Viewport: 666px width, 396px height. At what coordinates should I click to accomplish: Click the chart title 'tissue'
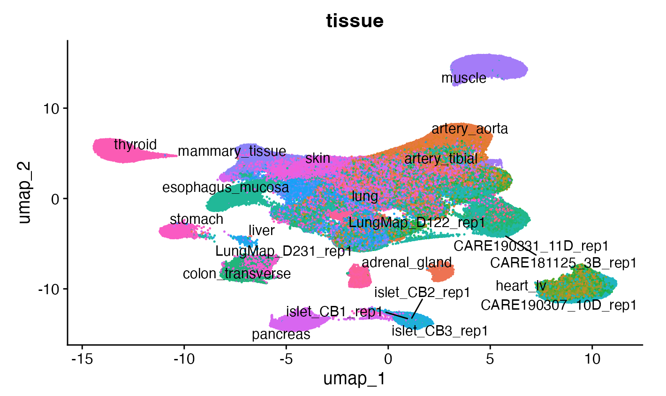click(x=355, y=21)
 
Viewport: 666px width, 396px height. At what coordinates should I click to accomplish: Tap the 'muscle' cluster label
click(x=464, y=78)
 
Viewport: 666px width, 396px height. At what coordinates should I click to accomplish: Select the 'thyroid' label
click(x=135, y=145)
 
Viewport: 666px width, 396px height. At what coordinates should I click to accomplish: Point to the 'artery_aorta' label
click(x=469, y=129)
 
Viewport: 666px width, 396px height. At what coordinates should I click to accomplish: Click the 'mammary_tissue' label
click(x=232, y=151)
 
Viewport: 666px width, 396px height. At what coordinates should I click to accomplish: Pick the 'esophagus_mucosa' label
click(x=226, y=188)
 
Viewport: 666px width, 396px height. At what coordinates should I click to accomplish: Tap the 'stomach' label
click(x=197, y=219)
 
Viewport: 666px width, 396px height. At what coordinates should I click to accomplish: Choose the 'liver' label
click(x=262, y=230)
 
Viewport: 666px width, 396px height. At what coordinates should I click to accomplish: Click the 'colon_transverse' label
click(x=237, y=274)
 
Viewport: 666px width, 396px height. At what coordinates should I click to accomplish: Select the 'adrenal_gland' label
click(x=407, y=262)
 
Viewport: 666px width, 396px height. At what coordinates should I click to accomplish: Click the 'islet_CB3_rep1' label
click(x=440, y=331)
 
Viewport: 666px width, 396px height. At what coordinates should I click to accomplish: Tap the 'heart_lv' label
click(x=521, y=285)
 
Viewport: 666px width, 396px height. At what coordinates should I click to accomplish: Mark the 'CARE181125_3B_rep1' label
click(x=563, y=263)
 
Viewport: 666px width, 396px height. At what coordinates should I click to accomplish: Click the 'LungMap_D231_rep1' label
click(x=283, y=251)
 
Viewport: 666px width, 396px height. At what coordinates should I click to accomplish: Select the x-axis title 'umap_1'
click(x=355, y=378)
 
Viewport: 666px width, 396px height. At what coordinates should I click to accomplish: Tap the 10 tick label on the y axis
click(x=50, y=108)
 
